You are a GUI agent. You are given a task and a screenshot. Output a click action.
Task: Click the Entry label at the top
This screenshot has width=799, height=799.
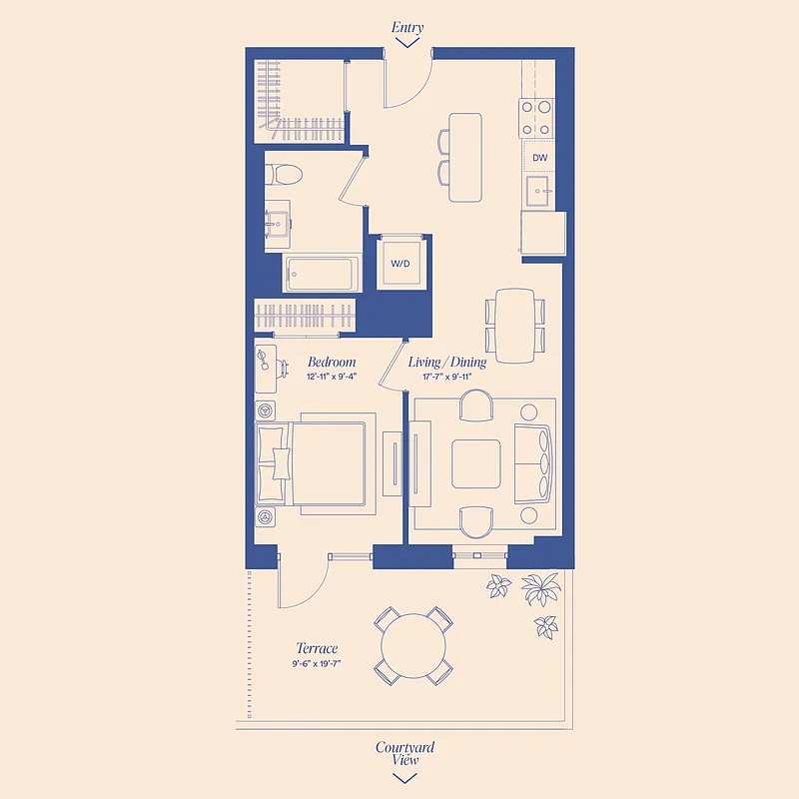[x=407, y=28]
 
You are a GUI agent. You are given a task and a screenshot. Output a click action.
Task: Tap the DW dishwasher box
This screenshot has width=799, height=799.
[x=539, y=158]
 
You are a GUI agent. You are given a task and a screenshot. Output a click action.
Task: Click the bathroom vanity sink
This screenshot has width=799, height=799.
[x=277, y=223]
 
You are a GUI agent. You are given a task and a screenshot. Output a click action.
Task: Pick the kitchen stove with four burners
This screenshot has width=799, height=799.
[x=536, y=118]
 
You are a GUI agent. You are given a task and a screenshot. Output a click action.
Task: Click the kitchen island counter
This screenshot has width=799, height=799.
[x=465, y=157]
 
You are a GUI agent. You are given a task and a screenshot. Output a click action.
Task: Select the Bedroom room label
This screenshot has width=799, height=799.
[x=332, y=362]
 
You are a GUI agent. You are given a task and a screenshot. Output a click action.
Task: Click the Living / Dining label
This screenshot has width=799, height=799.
[x=447, y=362]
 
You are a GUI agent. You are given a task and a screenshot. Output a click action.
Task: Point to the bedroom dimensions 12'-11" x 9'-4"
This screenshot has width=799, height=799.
[x=332, y=377]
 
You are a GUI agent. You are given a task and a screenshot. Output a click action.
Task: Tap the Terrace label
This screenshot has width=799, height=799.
[x=317, y=648]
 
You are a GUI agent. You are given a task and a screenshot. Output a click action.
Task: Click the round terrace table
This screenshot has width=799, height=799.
[x=412, y=645]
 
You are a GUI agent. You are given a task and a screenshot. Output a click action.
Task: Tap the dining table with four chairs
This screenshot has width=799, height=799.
[x=515, y=326]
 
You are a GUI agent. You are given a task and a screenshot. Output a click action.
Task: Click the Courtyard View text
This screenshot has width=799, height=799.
[x=404, y=753]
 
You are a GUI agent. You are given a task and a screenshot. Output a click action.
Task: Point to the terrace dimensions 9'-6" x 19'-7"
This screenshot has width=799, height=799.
[x=317, y=663]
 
